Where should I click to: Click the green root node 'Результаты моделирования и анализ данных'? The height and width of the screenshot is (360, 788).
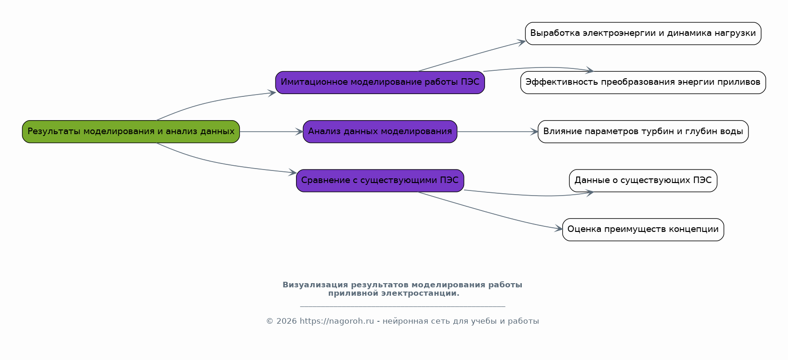click(x=131, y=132)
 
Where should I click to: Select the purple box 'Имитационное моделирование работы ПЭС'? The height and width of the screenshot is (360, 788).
click(x=380, y=82)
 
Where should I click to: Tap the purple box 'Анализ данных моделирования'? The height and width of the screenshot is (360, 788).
click(x=380, y=132)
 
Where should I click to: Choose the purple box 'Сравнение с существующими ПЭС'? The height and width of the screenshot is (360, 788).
click(x=380, y=181)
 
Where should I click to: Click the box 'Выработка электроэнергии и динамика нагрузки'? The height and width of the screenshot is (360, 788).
click(x=643, y=34)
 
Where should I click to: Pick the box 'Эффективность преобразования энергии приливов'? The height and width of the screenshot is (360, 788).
click(x=643, y=82)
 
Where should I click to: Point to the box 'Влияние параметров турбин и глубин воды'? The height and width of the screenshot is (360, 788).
click(x=643, y=132)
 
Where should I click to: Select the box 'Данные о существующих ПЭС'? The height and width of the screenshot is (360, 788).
click(x=643, y=181)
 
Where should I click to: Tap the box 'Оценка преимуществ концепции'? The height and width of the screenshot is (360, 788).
click(x=643, y=230)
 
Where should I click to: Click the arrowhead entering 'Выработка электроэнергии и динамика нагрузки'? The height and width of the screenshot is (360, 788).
click(x=522, y=42)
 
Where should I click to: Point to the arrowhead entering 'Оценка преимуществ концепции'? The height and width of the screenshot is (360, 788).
click(x=559, y=229)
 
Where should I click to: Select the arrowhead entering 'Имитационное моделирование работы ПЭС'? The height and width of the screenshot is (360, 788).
click(x=272, y=93)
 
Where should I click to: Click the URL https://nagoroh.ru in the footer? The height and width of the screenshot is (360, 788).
click(x=337, y=321)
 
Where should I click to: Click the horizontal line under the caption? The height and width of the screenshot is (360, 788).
click(x=403, y=306)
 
